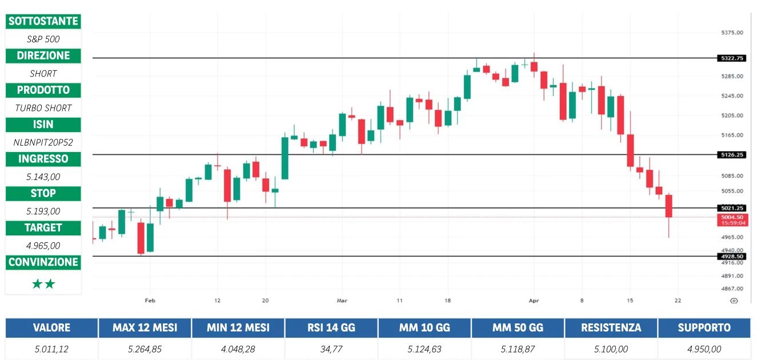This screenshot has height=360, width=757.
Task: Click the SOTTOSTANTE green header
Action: pos(43,21)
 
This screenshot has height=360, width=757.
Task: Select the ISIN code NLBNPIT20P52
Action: pos(43,142)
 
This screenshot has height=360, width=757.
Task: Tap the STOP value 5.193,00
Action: pos(43,211)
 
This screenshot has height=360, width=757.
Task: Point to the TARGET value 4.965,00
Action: pos(43,246)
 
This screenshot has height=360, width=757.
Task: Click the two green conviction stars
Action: pos(43,284)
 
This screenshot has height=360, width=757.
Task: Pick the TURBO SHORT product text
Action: pos(43,108)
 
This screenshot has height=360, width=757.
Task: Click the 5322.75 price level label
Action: pos(732,58)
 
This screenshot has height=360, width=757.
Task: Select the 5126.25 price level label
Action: pos(732,155)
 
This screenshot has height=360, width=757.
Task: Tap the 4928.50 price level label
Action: pos(732,257)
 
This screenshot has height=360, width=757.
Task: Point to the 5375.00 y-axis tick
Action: pos(732,33)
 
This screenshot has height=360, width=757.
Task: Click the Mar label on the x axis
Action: pos(342,300)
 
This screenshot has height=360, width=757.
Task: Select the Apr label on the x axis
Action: pos(534,300)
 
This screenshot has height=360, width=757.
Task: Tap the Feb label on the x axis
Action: pos(150,300)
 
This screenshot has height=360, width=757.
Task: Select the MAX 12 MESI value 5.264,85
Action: pos(144,349)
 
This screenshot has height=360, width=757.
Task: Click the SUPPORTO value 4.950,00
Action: pos(704,349)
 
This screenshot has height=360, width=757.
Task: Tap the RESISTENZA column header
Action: pos(611,328)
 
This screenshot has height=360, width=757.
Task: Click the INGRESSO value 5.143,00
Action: pos(43,177)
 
